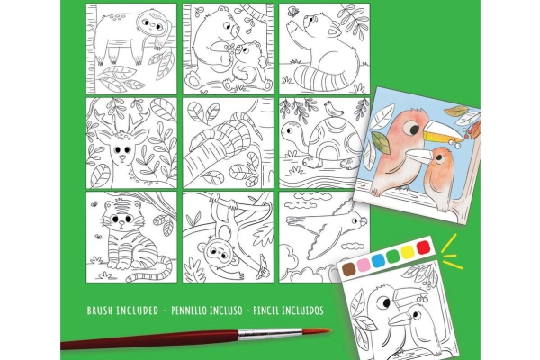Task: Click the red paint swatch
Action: coord(423,247)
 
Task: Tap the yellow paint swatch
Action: coord(408,252)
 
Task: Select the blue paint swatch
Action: coord(378,260)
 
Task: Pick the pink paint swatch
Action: coord(364,265)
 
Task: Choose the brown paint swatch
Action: coord(349,269)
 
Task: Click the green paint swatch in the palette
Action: coord(393,256)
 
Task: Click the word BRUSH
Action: coord(100,310)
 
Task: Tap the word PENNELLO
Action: coord(190,310)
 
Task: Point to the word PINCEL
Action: coord(265,310)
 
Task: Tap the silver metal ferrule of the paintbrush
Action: coord(270,334)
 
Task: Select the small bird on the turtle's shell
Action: coord(333,109)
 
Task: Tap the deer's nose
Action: coord(121,158)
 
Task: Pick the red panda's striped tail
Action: coord(328,78)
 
